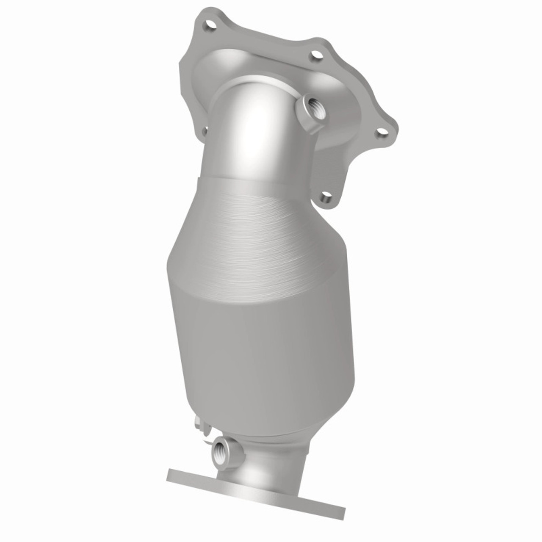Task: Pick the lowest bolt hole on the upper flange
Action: click(326, 196)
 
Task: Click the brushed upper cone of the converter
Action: click(263, 237)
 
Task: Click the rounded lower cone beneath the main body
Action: click(271, 428)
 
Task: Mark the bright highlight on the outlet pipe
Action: click(254, 466)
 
